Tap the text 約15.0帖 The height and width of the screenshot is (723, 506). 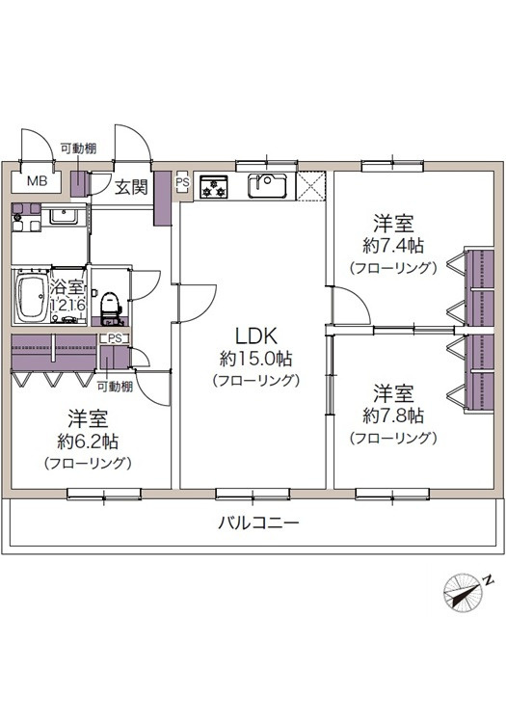click(x=255, y=359)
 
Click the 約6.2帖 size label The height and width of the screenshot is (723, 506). click(x=88, y=442)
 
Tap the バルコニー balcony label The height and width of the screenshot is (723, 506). click(x=257, y=524)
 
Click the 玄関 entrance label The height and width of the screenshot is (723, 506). click(x=131, y=187)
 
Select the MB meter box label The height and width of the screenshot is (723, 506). click(x=37, y=181)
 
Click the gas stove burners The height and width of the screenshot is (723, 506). click(x=212, y=187)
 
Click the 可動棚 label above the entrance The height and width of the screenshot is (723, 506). click(x=78, y=147)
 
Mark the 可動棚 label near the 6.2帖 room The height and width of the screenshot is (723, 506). click(x=115, y=388)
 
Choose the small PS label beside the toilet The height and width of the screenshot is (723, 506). click(x=115, y=338)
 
